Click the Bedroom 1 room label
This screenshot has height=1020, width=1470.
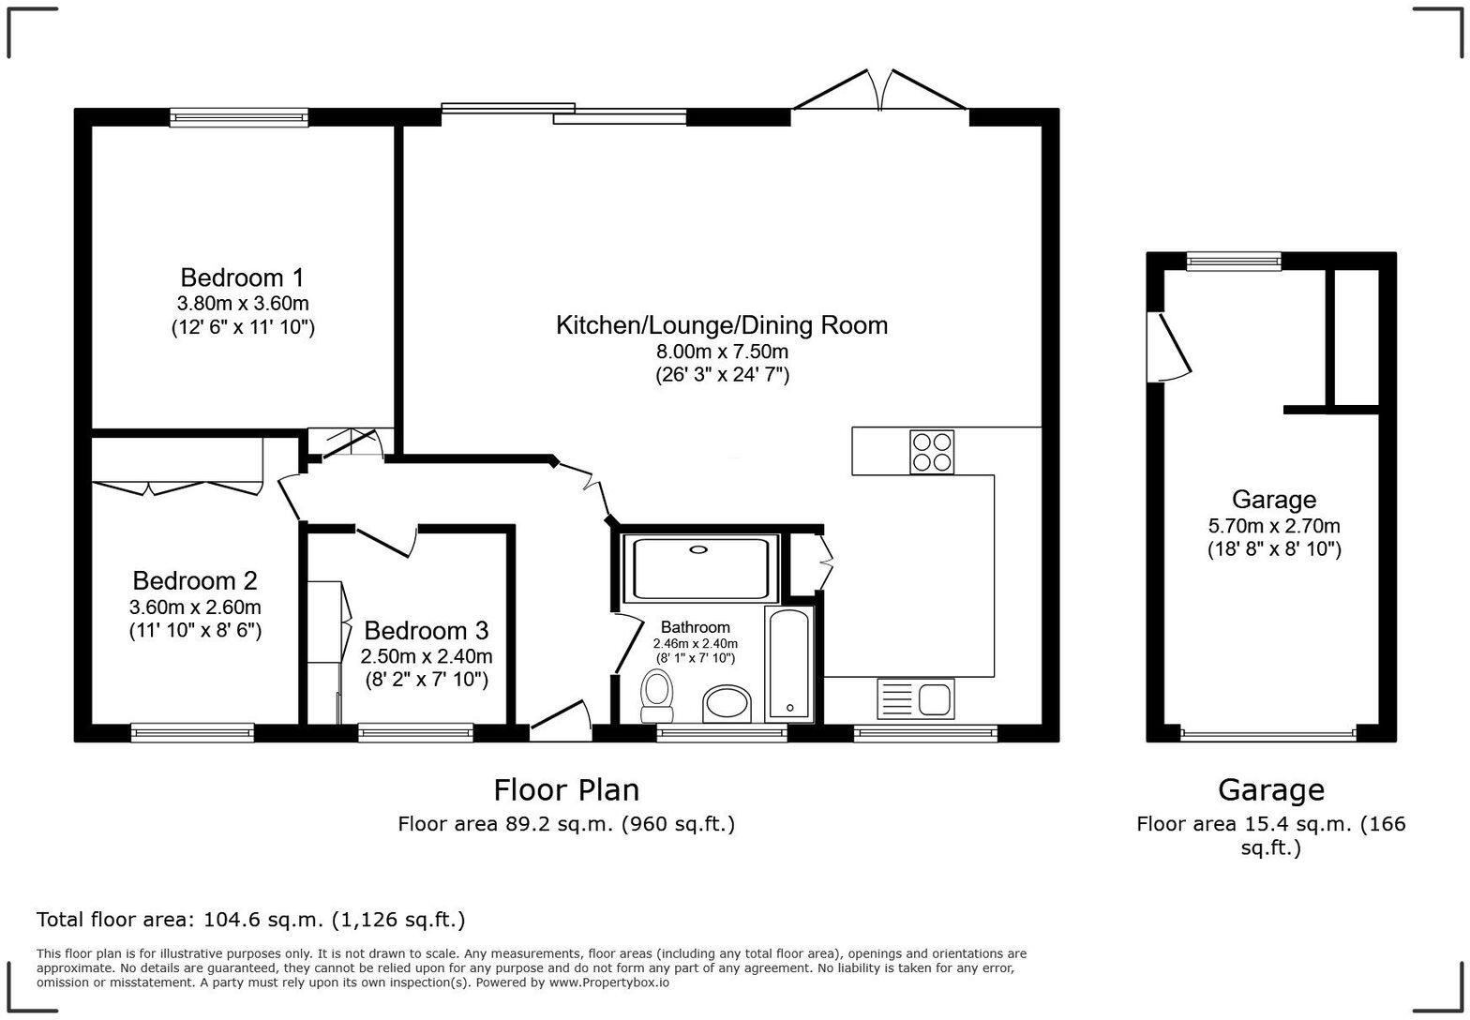click(242, 277)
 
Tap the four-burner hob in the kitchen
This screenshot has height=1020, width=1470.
click(932, 452)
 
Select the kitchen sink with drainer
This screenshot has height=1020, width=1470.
click(915, 699)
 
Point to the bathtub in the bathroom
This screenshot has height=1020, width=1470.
click(788, 665)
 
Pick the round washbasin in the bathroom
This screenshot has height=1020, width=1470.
click(727, 704)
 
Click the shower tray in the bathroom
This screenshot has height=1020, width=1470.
click(701, 568)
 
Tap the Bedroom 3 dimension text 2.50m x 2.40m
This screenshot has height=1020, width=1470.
click(427, 656)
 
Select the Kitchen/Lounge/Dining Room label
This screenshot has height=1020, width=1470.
click(722, 325)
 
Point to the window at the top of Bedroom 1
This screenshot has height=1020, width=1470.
click(239, 117)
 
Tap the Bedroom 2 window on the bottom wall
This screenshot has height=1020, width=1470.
click(192, 732)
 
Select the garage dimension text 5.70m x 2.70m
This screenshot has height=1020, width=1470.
click(1274, 526)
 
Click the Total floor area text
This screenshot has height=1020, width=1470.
click(250, 920)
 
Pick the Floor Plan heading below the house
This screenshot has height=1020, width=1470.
click(566, 789)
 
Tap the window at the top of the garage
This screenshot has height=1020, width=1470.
click(1234, 262)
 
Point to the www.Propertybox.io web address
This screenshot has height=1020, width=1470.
click(609, 982)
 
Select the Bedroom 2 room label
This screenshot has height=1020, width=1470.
click(195, 580)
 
